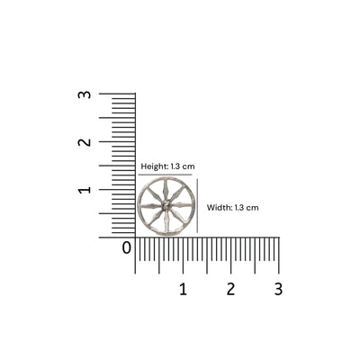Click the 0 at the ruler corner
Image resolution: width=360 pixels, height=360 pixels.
127,247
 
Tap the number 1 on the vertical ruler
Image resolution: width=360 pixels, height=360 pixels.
84,190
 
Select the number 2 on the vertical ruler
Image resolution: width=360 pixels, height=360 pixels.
84,142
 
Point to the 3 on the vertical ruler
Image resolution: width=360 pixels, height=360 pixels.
84,94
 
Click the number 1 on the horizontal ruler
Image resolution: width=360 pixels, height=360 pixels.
183,289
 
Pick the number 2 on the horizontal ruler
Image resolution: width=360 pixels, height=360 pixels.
230,289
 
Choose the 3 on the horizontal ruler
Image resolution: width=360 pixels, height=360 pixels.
278,289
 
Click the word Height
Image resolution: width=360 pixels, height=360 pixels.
153,166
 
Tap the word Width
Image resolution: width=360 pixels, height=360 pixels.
219,207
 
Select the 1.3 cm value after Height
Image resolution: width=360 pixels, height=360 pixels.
183,166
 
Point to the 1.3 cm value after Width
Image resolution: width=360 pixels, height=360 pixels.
247,207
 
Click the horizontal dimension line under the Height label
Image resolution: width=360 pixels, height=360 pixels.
166,175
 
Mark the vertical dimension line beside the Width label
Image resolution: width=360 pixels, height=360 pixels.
198,206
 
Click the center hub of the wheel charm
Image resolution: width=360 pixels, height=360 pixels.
166,206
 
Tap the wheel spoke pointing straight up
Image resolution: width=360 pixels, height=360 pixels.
166,190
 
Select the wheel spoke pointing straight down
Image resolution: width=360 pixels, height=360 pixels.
166,222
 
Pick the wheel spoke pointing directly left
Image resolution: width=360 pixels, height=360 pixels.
150,206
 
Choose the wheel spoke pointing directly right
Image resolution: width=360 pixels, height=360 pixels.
183,206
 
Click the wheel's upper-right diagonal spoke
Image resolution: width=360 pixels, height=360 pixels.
177,194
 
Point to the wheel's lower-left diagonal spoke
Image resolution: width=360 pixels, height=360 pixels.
155,218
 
